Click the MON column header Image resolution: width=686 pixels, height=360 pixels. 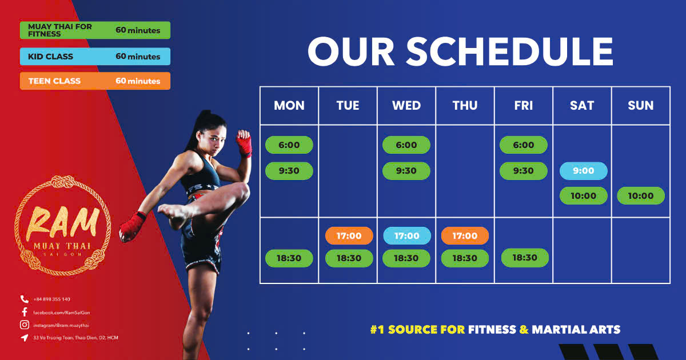289,105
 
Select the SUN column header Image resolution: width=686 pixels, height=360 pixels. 641,105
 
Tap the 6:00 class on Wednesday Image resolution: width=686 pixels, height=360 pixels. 406,145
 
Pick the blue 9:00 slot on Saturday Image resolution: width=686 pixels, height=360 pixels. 584,171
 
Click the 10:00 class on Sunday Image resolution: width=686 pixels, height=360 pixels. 641,195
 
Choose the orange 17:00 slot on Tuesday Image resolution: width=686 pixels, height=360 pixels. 349,235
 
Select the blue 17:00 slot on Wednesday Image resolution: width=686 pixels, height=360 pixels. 407,235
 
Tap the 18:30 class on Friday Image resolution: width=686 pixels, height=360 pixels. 525,258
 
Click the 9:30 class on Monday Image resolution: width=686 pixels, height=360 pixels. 289,171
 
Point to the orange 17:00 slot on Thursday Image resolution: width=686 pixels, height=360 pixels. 465,235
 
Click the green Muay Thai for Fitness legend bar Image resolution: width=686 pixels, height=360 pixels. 95,30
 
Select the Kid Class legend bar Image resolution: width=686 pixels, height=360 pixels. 95,57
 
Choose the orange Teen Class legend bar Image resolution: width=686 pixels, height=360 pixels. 95,81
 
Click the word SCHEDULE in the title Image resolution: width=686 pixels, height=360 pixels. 510,51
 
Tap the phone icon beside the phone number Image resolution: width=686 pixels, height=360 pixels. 25,299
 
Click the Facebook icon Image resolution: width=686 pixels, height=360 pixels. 25,312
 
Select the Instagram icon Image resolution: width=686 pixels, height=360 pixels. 25,325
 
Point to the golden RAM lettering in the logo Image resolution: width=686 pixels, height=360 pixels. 63,222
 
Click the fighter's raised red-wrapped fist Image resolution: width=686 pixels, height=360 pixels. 244,142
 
